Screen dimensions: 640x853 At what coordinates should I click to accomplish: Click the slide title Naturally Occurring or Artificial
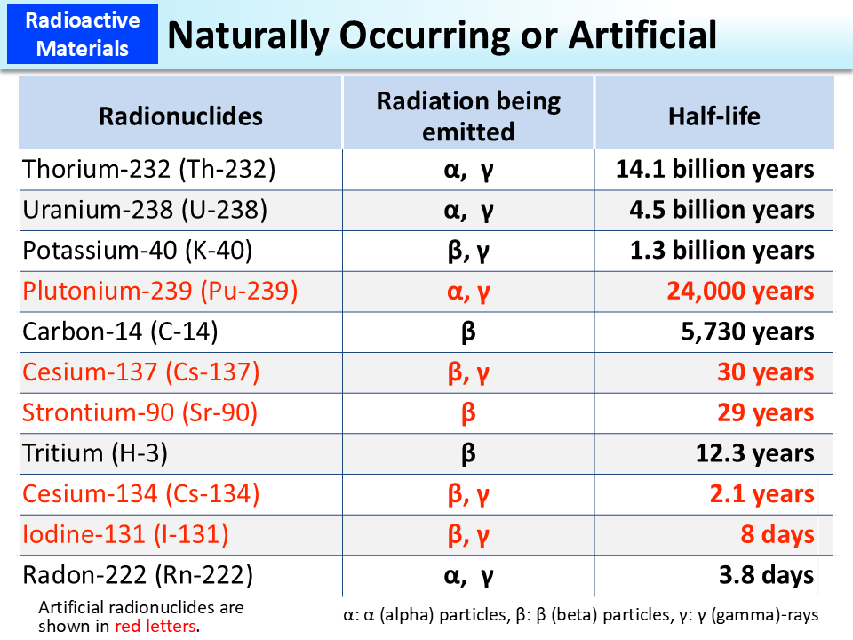click(x=442, y=35)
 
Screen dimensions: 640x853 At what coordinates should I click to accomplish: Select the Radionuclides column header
click(x=180, y=116)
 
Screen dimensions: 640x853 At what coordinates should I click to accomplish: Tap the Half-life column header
click(x=714, y=116)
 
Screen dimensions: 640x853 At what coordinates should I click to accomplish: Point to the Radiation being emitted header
click(x=468, y=116)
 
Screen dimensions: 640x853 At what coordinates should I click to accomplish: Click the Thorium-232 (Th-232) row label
click(x=149, y=169)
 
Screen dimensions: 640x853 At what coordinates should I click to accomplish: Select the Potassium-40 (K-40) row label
click(x=138, y=251)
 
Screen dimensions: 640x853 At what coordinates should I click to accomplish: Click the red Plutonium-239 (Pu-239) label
click(x=160, y=292)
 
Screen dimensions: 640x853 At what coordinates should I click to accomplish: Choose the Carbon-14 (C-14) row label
click(x=120, y=332)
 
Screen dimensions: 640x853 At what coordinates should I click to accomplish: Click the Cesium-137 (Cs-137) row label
click(x=141, y=372)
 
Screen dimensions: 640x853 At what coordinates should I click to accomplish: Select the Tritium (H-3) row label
click(x=95, y=453)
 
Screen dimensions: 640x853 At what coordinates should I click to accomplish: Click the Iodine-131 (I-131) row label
click(x=125, y=534)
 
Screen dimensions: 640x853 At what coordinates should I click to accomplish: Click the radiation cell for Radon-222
click(x=468, y=575)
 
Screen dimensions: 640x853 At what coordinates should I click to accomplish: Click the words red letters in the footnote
click(x=156, y=626)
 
